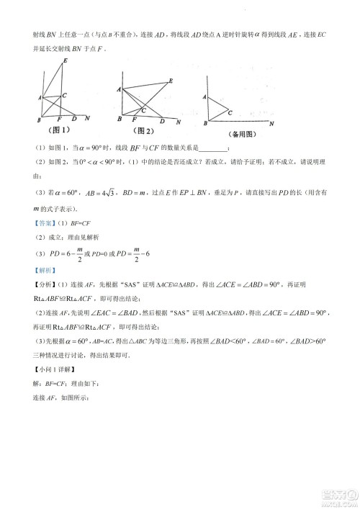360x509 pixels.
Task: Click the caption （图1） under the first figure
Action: (58, 130)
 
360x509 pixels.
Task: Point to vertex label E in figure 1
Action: (66, 61)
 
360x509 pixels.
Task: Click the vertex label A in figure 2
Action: (118, 88)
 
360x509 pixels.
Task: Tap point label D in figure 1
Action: (76, 120)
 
